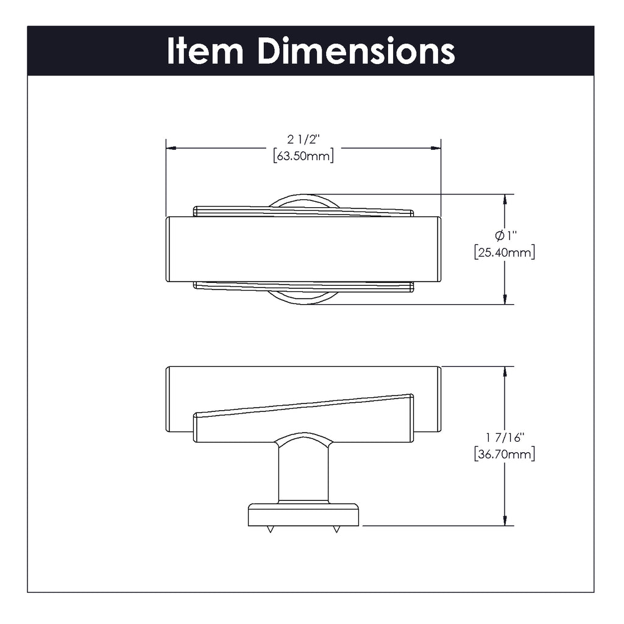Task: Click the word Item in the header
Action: pyautogui.click(x=205, y=51)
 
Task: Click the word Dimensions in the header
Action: pyautogui.click(x=356, y=51)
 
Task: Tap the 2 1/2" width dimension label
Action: pyautogui.click(x=303, y=140)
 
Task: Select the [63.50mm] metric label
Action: pyautogui.click(x=303, y=155)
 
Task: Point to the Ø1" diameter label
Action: pyautogui.click(x=505, y=236)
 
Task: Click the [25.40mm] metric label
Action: pyautogui.click(x=505, y=252)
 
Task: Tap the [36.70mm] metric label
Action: pyautogui.click(x=505, y=453)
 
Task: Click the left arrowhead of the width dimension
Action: pyautogui.click(x=171, y=148)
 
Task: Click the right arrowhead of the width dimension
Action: pyautogui.click(x=436, y=148)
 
